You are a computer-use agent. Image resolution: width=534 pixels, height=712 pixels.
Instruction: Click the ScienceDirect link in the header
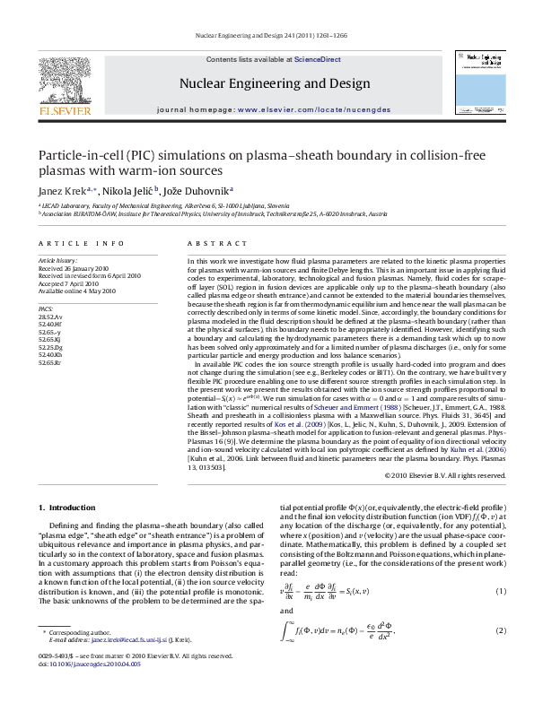point(312,59)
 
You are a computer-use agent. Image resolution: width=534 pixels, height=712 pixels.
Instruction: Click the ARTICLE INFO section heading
point(74,243)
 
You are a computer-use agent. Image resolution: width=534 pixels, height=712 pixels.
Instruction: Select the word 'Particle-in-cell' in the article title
point(77,155)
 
